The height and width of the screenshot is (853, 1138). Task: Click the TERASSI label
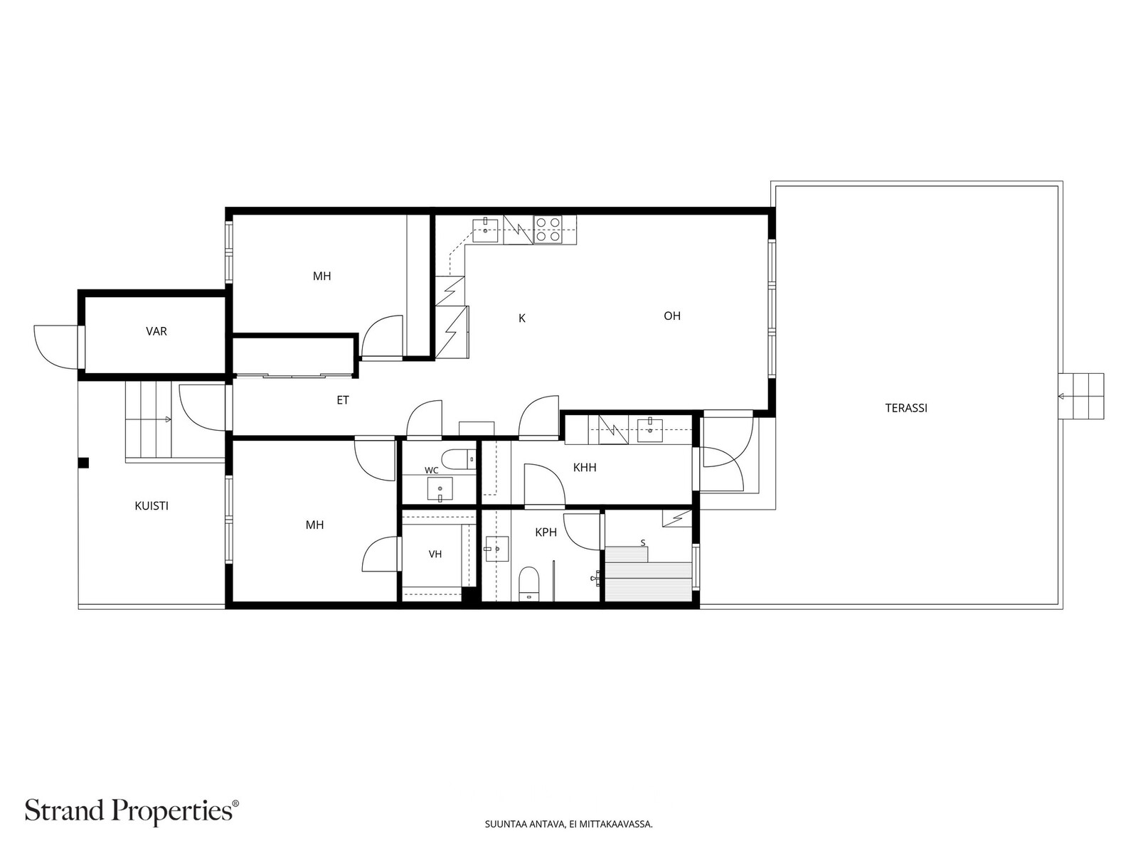[905, 408]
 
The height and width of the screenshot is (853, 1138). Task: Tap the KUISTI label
[151, 506]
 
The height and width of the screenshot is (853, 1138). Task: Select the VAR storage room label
[156, 331]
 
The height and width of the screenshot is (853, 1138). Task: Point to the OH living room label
[672, 316]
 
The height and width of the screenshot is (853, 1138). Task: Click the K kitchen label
[522, 318]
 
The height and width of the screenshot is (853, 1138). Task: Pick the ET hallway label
[343, 400]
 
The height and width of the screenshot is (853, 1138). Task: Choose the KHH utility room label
[585, 468]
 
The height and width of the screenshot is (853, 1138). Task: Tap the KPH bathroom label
[546, 532]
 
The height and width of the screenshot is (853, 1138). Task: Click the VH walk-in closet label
[435, 554]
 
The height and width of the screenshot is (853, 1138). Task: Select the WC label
[431, 471]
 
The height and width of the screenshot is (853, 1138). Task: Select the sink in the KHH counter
[649, 429]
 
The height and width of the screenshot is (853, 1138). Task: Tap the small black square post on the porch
[83, 463]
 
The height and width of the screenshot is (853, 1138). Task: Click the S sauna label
[643, 543]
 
